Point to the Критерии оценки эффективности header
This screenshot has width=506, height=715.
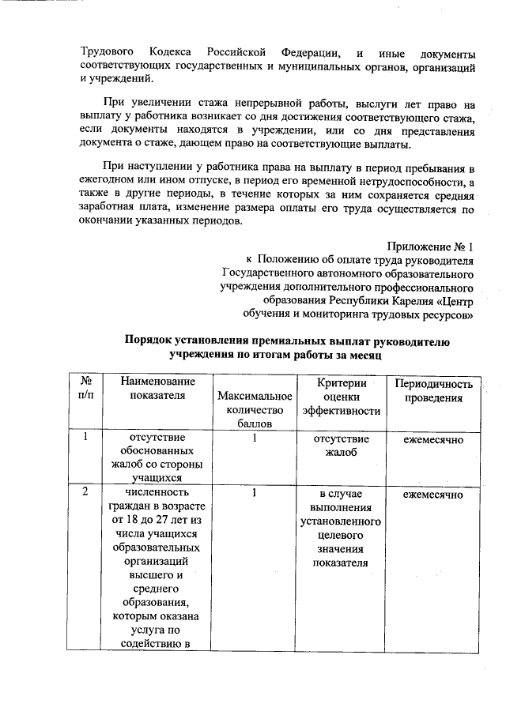(341, 397)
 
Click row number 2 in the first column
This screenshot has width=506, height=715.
(84, 492)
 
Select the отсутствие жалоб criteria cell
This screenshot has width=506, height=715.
(341, 445)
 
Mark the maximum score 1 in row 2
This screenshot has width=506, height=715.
(255, 492)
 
